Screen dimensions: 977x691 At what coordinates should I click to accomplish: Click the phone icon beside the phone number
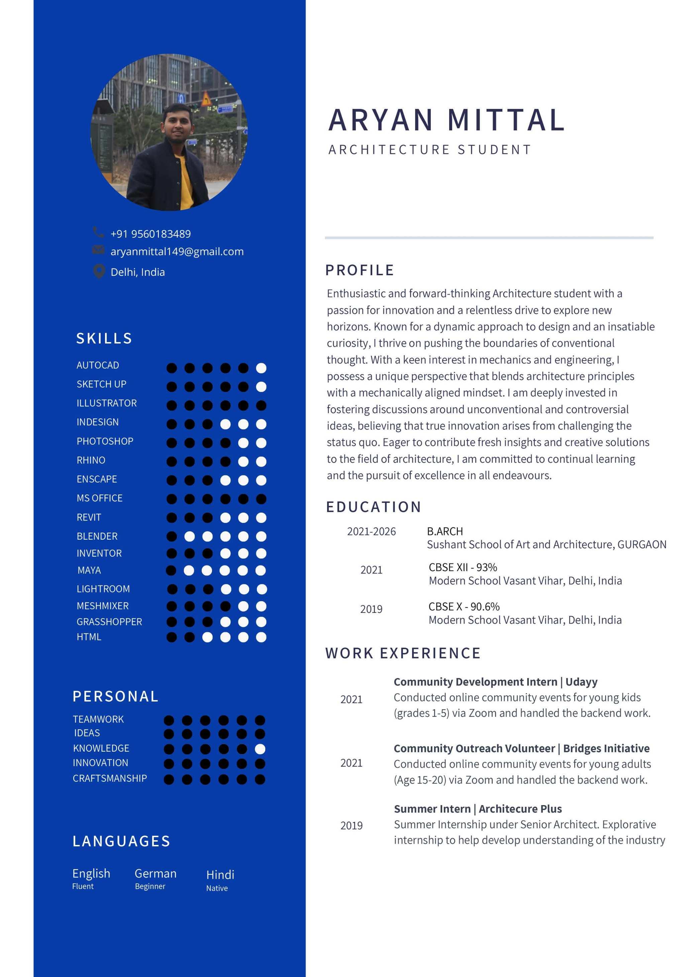click(98, 232)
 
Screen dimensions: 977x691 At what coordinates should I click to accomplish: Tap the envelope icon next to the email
click(98, 250)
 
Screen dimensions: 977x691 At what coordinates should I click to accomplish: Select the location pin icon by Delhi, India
click(99, 271)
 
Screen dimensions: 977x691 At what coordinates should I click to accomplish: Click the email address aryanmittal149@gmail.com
click(177, 251)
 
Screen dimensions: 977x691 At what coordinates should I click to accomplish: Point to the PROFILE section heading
click(360, 270)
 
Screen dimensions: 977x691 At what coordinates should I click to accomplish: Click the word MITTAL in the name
click(506, 120)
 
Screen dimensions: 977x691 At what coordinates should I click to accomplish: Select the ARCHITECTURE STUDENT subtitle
click(429, 150)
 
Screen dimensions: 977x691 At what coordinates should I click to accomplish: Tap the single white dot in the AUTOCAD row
click(261, 368)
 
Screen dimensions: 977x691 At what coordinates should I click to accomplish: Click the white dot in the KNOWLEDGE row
click(260, 749)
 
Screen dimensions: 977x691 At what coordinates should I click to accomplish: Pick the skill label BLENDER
click(97, 536)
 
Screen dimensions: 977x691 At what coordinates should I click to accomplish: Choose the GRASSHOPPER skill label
click(109, 622)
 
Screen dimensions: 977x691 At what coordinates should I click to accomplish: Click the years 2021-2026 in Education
click(371, 532)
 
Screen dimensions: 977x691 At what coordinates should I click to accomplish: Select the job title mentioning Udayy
click(495, 682)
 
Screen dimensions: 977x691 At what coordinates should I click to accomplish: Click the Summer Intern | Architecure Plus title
click(478, 808)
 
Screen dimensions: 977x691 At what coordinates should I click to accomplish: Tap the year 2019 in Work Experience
click(351, 826)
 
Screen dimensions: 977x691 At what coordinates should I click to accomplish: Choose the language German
click(156, 874)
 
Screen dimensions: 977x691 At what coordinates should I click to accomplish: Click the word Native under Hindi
click(217, 888)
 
